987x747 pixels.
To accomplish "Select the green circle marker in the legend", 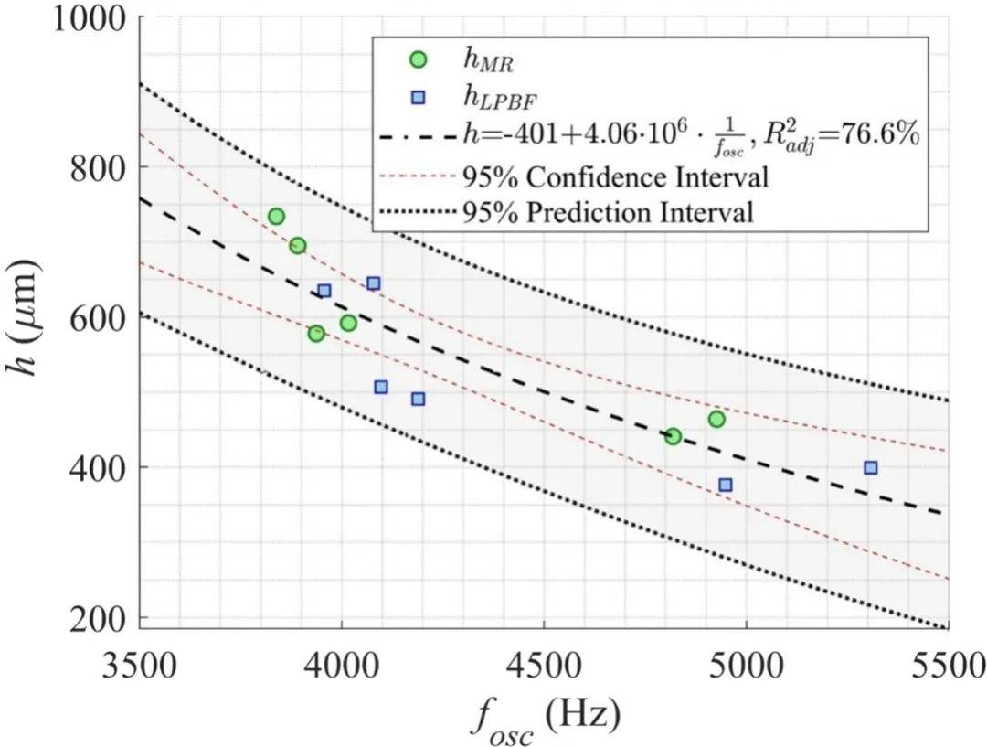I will (x=418, y=59).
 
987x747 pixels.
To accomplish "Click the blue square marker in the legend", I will (x=418, y=97).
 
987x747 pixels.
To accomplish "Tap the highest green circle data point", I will (x=276, y=217).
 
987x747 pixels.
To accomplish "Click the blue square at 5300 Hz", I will (x=871, y=467).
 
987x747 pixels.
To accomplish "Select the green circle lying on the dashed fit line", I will (x=673, y=436).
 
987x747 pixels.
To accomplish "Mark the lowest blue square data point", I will (x=726, y=485).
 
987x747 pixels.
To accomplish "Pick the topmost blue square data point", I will (x=373, y=283).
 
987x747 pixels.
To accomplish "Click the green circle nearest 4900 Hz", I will (x=716, y=419).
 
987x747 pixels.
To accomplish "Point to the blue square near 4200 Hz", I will (x=418, y=399).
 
